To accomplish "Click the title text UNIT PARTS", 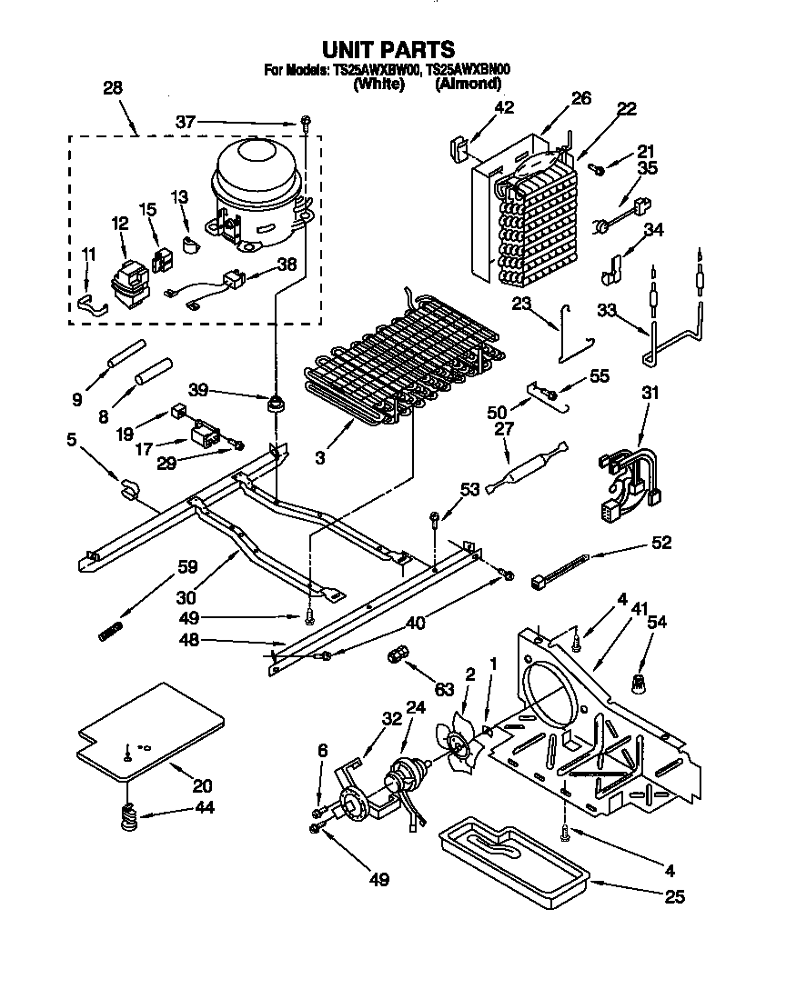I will tap(388, 48).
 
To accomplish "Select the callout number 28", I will tap(113, 88).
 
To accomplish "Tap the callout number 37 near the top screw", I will tap(186, 121).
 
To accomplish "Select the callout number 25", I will tap(674, 897).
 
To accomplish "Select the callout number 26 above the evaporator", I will tap(581, 97).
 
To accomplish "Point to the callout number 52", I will tap(661, 543).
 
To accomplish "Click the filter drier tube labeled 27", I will tap(526, 470).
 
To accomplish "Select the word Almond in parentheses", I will tap(468, 84).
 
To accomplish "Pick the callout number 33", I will tap(607, 310).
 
